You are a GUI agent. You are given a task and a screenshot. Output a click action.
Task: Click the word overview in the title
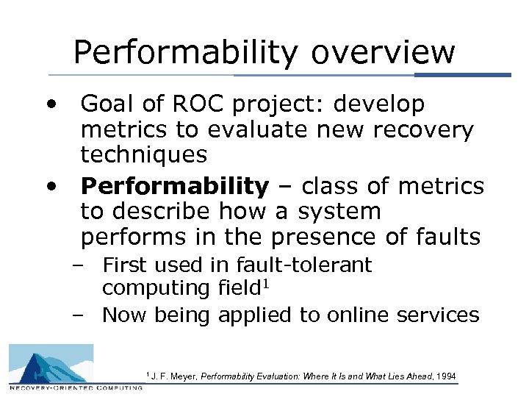[384, 53]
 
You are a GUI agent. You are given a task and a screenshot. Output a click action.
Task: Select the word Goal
[112, 104]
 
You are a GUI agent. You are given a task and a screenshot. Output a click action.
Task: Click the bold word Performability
[175, 187]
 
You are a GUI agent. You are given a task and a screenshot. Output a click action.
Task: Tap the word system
[339, 212]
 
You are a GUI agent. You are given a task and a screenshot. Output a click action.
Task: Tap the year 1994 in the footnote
[445, 376]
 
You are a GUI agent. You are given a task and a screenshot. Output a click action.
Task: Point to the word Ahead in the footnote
[416, 376]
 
